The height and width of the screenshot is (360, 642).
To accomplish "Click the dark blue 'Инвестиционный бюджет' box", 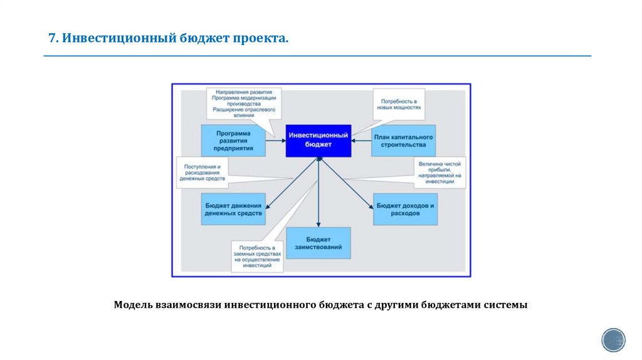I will (x=318, y=140).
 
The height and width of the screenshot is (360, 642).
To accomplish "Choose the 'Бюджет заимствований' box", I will (x=318, y=243).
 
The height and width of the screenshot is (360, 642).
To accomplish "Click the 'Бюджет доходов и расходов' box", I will (x=405, y=209).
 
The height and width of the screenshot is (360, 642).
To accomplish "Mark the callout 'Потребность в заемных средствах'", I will (x=256, y=257).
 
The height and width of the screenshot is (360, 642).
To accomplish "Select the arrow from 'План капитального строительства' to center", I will (x=362, y=140).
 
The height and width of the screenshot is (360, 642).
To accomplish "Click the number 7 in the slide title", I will (x=52, y=39).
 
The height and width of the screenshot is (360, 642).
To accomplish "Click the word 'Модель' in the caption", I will (x=132, y=305).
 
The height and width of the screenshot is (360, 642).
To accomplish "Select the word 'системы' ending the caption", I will (x=505, y=305).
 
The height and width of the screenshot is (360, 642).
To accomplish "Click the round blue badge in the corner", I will (x=613, y=339).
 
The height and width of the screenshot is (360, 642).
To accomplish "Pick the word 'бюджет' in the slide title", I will (x=205, y=39).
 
